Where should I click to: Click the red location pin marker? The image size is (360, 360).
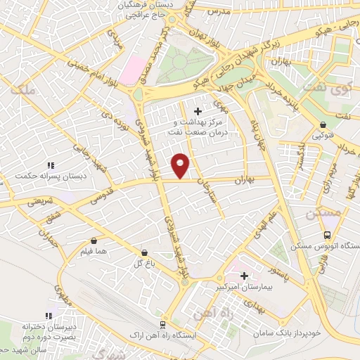(181, 165)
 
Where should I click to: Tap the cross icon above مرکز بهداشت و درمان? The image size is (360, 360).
(198, 111)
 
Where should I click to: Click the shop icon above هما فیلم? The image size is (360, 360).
(94, 240)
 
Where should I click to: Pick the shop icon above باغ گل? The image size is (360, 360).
(144, 252)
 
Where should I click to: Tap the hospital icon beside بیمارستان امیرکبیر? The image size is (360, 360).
(245, 275)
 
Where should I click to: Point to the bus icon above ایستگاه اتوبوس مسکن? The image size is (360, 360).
(326, 236)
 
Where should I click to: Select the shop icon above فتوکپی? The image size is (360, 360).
(322, 124)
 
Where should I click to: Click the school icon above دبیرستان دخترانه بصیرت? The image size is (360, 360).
(49, 316)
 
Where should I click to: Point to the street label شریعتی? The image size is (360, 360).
(41, 202)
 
